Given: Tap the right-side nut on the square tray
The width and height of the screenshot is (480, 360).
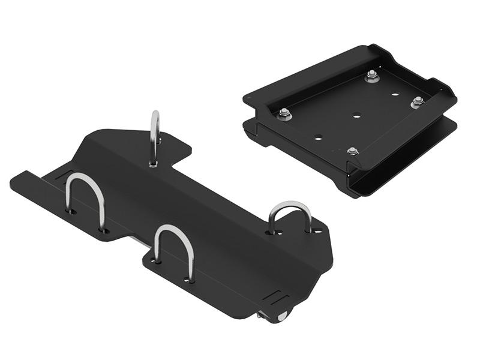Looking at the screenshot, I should pos(418,102).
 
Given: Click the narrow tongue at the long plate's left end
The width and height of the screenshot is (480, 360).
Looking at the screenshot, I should pos(27,181).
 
